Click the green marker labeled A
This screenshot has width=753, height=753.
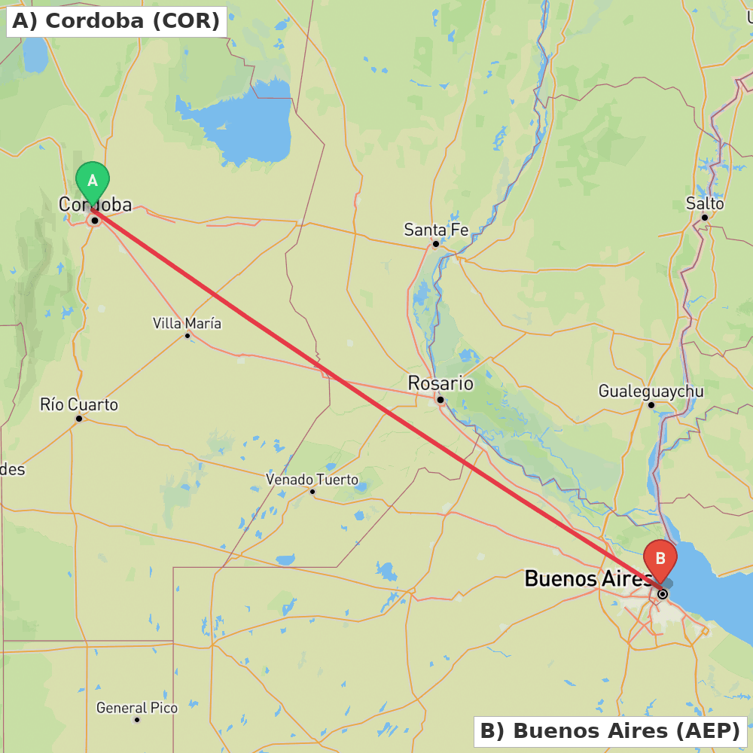93,181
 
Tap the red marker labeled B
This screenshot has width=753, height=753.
660,559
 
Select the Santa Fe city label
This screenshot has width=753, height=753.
437,230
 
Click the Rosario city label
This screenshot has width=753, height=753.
441,383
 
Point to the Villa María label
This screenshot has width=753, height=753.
187,323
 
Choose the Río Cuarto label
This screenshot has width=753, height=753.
79,404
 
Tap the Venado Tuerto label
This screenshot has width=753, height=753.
312,480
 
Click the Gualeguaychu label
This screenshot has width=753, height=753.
651,391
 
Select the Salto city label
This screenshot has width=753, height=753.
705,203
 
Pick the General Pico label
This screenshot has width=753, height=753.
137,708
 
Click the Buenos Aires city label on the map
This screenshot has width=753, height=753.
588,578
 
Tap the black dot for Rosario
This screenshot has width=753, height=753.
441,400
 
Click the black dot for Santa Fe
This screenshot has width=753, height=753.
435,244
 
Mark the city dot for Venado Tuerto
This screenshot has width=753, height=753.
312,492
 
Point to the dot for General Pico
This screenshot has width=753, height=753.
137,720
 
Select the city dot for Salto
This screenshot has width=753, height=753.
705,217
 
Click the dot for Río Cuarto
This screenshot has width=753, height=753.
78,418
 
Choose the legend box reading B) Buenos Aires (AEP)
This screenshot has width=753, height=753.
610,730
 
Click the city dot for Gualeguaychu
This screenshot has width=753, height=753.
651,404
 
